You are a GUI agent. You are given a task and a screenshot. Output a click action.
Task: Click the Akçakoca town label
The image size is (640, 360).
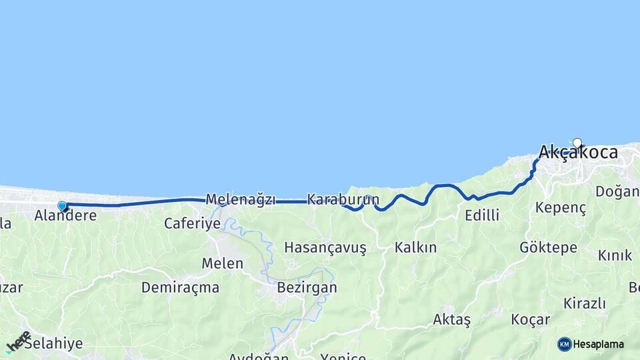tap(577, 153)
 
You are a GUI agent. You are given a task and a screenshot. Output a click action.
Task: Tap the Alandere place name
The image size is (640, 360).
tap(65, 215)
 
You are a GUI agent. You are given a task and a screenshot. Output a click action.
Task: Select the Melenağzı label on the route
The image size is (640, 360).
tap(240, 199)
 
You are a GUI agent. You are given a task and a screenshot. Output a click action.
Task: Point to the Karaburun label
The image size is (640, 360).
tap(343, 199)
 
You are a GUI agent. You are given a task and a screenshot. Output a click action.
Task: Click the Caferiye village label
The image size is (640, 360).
tap(192, 223)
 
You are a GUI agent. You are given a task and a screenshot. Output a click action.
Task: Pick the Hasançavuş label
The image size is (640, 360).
tap(325, 247)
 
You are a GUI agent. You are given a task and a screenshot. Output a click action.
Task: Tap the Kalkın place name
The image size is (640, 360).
tap(415, 247)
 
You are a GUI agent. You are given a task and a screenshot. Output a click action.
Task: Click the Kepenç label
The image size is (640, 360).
tap(561, 207)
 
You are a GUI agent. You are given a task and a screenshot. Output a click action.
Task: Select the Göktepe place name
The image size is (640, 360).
tap(548, 248)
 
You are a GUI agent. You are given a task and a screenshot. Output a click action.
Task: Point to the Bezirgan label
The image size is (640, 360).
tap(307, 288)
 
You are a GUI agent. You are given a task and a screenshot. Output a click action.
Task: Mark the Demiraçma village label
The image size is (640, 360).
tap(180, 288)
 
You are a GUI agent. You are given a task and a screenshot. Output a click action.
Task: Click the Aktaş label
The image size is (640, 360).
tap(451, 319)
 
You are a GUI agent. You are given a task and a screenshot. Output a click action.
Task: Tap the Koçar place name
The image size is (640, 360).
tap(530, 319)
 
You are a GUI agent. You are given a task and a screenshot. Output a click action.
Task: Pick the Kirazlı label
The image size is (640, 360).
tap(584, 303)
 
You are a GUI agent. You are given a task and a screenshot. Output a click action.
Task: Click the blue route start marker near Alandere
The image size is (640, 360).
tap(62, 206)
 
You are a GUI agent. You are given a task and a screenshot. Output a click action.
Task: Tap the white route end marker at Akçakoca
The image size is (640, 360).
tap(577, 143)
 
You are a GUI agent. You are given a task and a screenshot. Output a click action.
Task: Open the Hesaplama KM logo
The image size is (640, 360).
tap(591, 344)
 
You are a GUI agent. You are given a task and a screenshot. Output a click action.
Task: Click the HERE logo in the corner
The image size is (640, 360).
tap(18, 341)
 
